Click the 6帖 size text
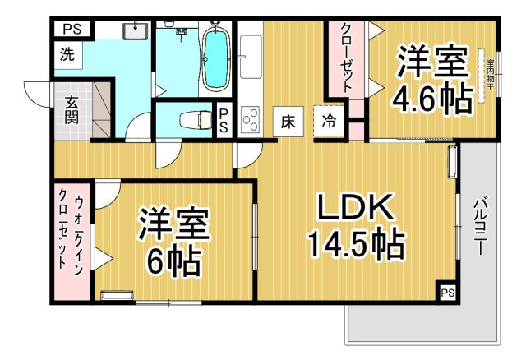click(173, 262)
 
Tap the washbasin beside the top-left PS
click(135, 31)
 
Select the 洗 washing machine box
click(65, 57)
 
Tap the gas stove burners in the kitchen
click(250, 120)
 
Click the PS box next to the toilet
click(224, 120)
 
